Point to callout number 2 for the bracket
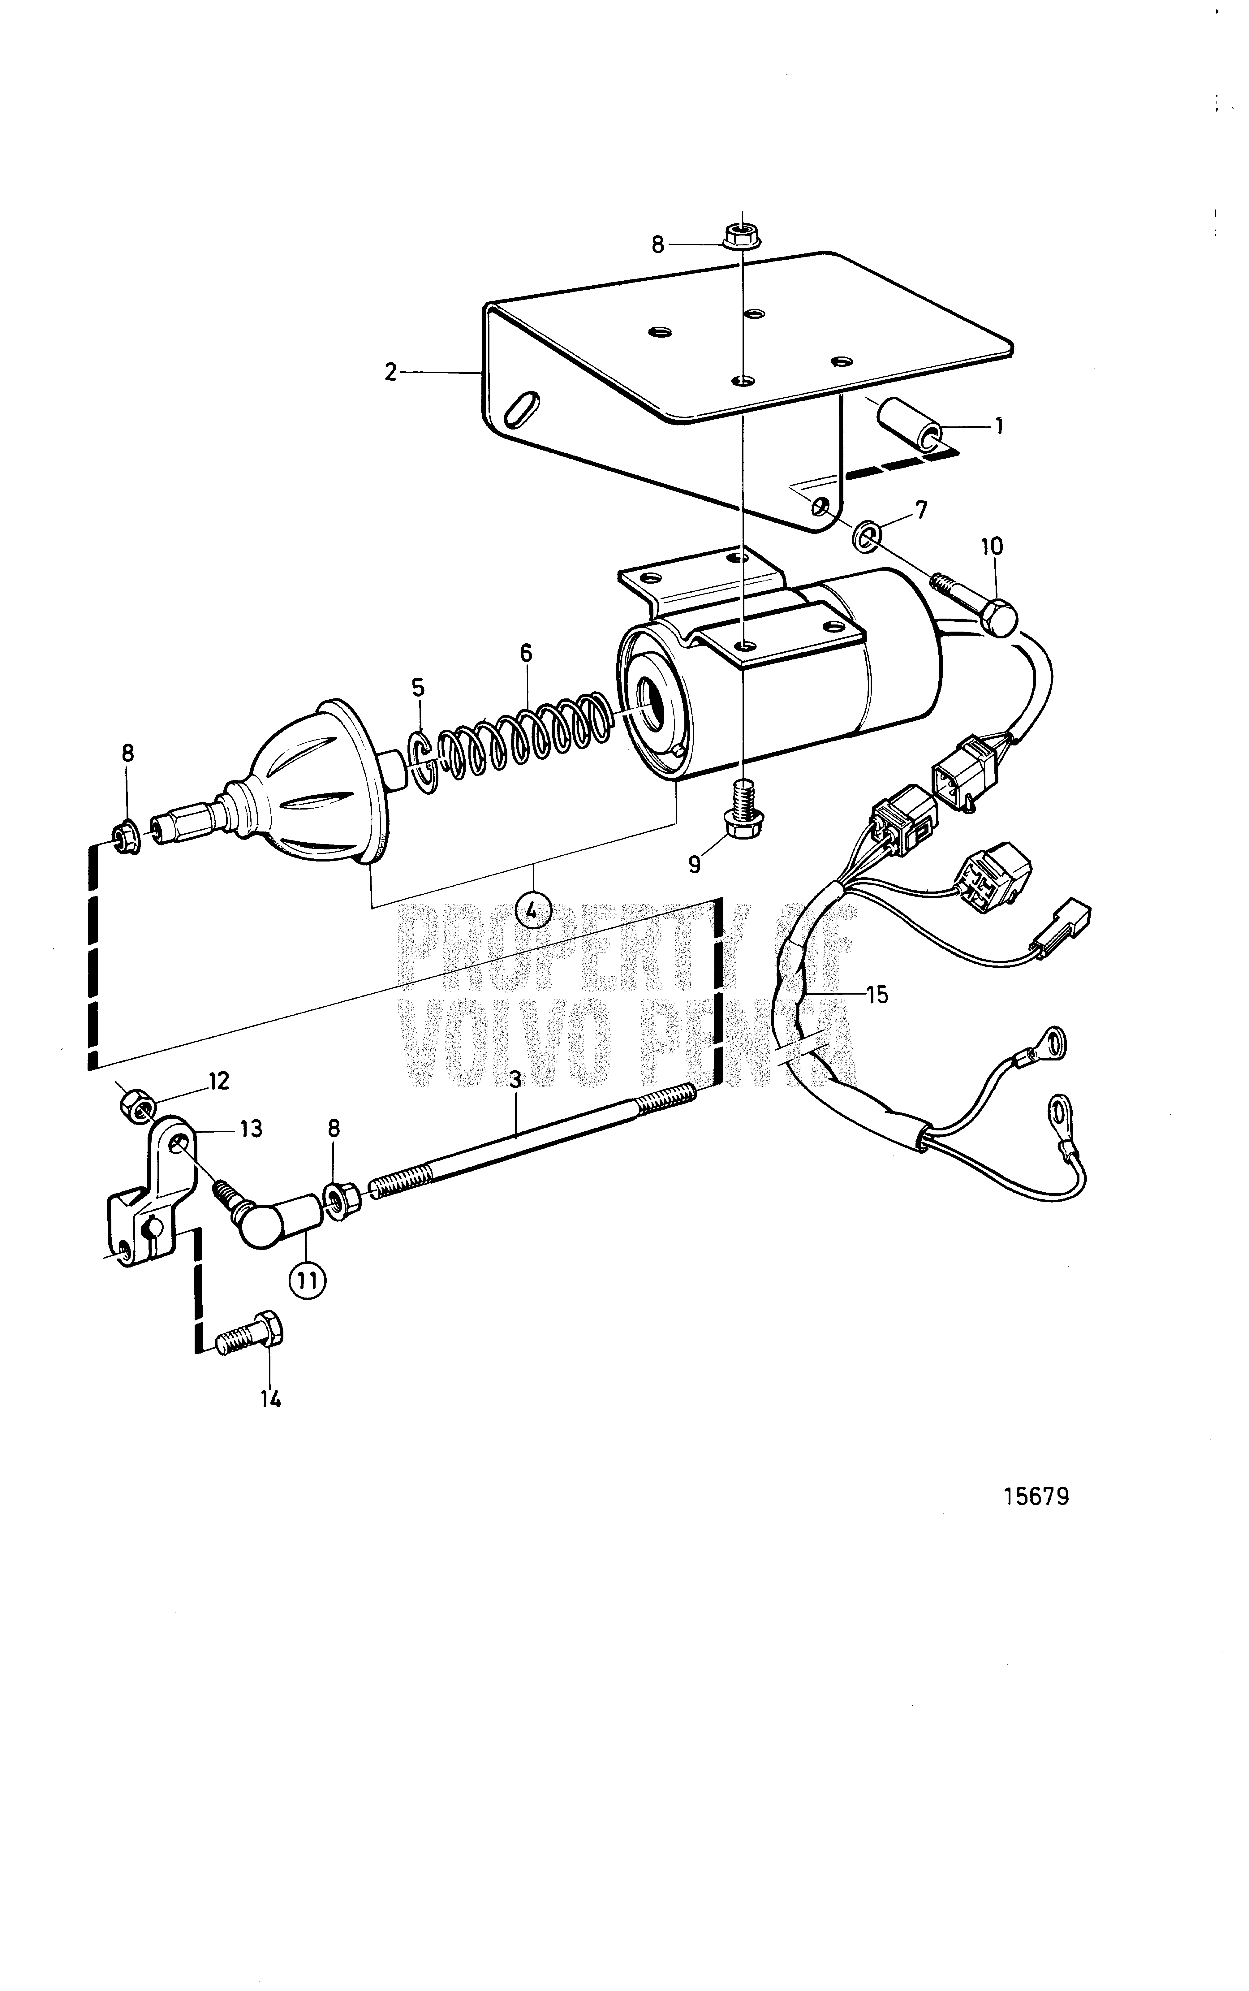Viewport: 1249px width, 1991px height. click(391, 372)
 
